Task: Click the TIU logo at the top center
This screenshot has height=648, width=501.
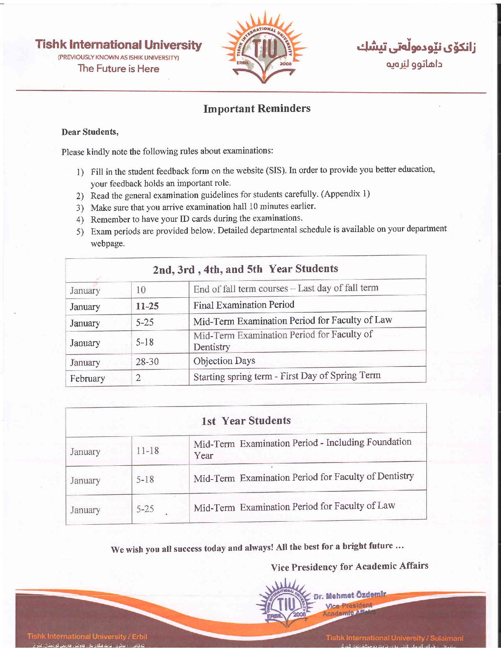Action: click(264, 48)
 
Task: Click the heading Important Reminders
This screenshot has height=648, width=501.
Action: click(257, 109)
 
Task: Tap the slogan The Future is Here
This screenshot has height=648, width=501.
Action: click(118, 68)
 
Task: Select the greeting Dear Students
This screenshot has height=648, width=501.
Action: click(90, 132)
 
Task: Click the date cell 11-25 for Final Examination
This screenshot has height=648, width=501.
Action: click(147, 306)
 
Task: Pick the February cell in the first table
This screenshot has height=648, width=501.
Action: click(88, 378)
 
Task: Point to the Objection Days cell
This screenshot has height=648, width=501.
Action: click(224, 361)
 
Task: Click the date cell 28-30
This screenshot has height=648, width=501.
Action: click(147, 362)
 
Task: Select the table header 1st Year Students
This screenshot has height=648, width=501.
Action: click(246, 421)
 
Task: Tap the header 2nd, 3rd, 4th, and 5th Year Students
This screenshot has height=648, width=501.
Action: click(245, 269)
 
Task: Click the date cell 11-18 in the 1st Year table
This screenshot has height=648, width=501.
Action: click(148, 451)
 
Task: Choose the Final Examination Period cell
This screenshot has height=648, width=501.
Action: click(244, 305)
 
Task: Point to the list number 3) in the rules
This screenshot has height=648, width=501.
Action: click(80, 208)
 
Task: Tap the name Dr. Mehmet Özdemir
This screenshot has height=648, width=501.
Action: click(350, 595)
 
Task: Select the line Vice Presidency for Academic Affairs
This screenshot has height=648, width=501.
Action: click(349, 566)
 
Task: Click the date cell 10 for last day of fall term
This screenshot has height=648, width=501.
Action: click(141, 290)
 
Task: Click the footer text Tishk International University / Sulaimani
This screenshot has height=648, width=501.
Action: click(395, 638)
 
